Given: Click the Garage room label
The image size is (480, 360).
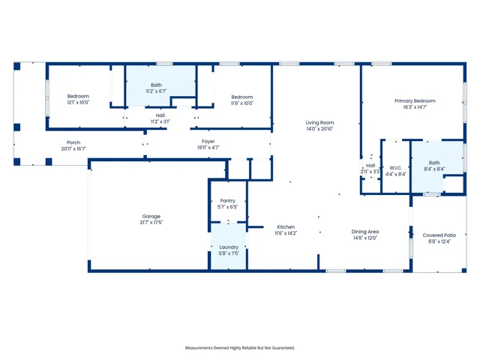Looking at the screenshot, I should [151, 216].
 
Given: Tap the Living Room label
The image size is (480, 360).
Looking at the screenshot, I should [319, 122].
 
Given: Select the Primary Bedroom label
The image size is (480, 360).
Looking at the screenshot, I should [415, 100].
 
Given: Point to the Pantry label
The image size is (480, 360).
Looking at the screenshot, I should [228, 201].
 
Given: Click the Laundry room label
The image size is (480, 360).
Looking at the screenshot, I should [229, 247].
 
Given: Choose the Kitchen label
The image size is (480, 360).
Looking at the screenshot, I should [286, 226].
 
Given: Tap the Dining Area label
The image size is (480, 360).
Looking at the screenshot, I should [365, 232].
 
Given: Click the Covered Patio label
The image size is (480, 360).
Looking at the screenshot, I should [439, 235].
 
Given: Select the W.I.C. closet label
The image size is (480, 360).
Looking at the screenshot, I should [397, 167].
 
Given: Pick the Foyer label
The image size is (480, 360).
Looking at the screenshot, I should [208, 141].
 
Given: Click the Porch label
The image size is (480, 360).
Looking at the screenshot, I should [73, 142].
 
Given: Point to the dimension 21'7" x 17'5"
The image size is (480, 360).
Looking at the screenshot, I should [151, 223].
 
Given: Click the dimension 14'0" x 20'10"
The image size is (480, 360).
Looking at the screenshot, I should [319, 129].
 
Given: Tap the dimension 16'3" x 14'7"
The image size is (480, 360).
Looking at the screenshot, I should [415, 107].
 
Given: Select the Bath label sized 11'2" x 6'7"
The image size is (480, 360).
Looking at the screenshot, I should [156, 85].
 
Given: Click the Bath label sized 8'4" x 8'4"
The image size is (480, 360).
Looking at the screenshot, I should [435, 163].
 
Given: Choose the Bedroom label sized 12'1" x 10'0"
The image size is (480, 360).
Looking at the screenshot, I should [78, 96].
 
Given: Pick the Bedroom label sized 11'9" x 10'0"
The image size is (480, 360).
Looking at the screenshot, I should [242, 97].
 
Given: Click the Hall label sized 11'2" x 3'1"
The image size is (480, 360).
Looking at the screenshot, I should [160, 115].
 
